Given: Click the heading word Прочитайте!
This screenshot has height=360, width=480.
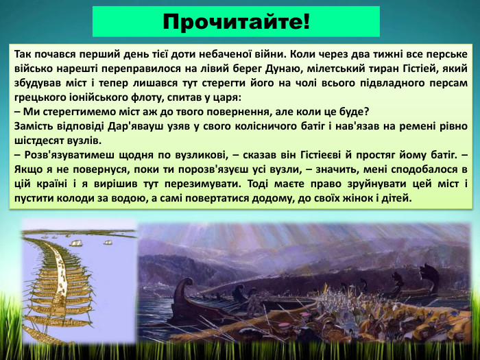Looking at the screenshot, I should [x=236, y=21].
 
